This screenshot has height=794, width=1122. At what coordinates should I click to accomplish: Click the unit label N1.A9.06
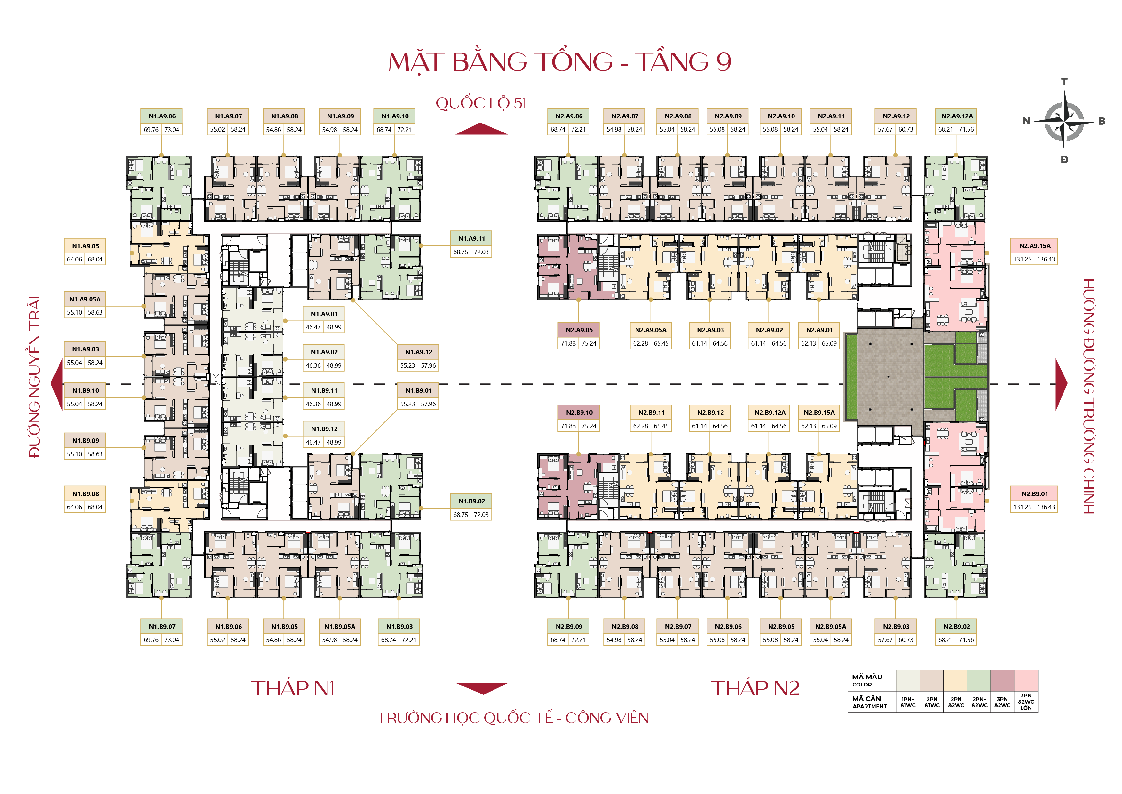point(162,116)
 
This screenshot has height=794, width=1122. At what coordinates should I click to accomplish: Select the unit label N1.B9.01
point(418,390)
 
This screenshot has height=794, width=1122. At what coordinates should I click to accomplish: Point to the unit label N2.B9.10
point(579,412)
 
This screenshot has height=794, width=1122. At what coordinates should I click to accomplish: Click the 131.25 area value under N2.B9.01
point(1022,507)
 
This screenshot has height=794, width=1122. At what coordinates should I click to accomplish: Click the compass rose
point(1064,121)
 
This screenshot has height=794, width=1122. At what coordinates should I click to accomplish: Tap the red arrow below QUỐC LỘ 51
point(481,129)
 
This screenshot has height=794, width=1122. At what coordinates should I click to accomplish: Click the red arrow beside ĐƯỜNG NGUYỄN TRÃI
point(57,384)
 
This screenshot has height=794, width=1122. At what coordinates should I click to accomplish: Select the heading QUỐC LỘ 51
point(481,103)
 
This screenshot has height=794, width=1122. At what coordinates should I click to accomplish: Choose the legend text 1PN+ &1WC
point(908,702)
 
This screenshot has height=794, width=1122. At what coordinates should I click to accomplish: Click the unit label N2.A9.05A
point(651,330)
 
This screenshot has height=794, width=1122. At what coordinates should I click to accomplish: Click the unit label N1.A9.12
point(418,352)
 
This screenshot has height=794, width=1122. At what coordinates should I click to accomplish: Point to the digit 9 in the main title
point(723,62)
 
